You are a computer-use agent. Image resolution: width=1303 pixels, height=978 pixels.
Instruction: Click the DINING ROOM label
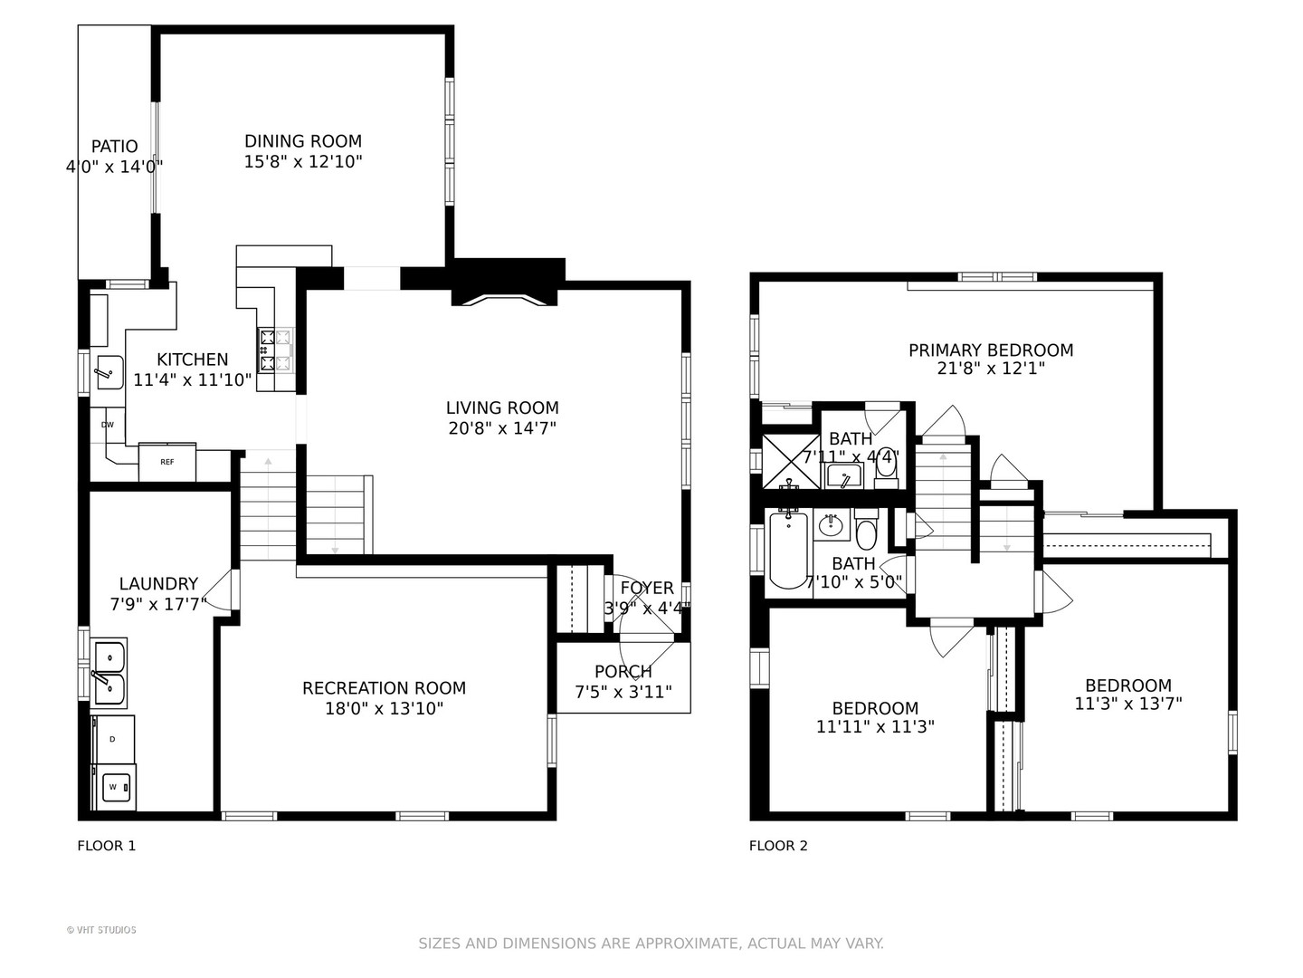coord(303,141)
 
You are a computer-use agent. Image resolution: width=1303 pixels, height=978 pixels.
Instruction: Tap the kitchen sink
coord(109,372)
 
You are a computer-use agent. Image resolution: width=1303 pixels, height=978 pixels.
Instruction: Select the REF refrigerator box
coord(167,462)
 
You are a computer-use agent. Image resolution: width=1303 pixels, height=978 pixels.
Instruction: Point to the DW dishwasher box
coord(108,426)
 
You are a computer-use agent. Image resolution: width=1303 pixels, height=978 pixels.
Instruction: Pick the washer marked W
coord(113,788)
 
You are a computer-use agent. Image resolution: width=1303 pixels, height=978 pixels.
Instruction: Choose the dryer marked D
coord(113,739)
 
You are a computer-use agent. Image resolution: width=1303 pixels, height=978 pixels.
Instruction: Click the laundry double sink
coord(109,673)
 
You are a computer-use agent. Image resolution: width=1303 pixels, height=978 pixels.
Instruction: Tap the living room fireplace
coord(505,294)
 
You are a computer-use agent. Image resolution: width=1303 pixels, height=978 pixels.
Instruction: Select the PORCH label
coord(623,672)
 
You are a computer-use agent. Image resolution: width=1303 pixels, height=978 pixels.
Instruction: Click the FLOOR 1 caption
coord(107,846)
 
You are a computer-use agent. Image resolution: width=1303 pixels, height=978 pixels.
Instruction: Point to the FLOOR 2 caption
coord(778,846)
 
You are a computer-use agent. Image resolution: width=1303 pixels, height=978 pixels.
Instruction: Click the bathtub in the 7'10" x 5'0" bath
coord(788,551)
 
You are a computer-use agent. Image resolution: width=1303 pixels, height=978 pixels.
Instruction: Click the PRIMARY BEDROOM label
coord(991,350)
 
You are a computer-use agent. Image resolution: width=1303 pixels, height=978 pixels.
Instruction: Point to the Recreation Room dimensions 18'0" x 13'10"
coord(384,708)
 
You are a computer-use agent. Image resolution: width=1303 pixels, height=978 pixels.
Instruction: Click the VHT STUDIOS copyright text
coord(101,930)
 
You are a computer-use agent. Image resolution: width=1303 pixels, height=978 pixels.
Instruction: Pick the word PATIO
coord(115,146)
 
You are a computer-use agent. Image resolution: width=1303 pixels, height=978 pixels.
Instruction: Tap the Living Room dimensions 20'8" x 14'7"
coord(502,428)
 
